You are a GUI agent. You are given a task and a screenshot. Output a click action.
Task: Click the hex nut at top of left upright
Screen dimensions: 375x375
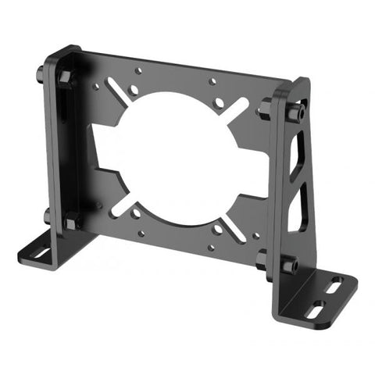(66, 77)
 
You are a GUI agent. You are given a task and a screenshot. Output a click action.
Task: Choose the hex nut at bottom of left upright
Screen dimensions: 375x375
(71, 222)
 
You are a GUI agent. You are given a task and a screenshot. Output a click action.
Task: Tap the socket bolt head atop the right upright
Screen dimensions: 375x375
(293, 113)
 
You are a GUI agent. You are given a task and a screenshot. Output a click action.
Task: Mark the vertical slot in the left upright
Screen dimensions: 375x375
(58, 117)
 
